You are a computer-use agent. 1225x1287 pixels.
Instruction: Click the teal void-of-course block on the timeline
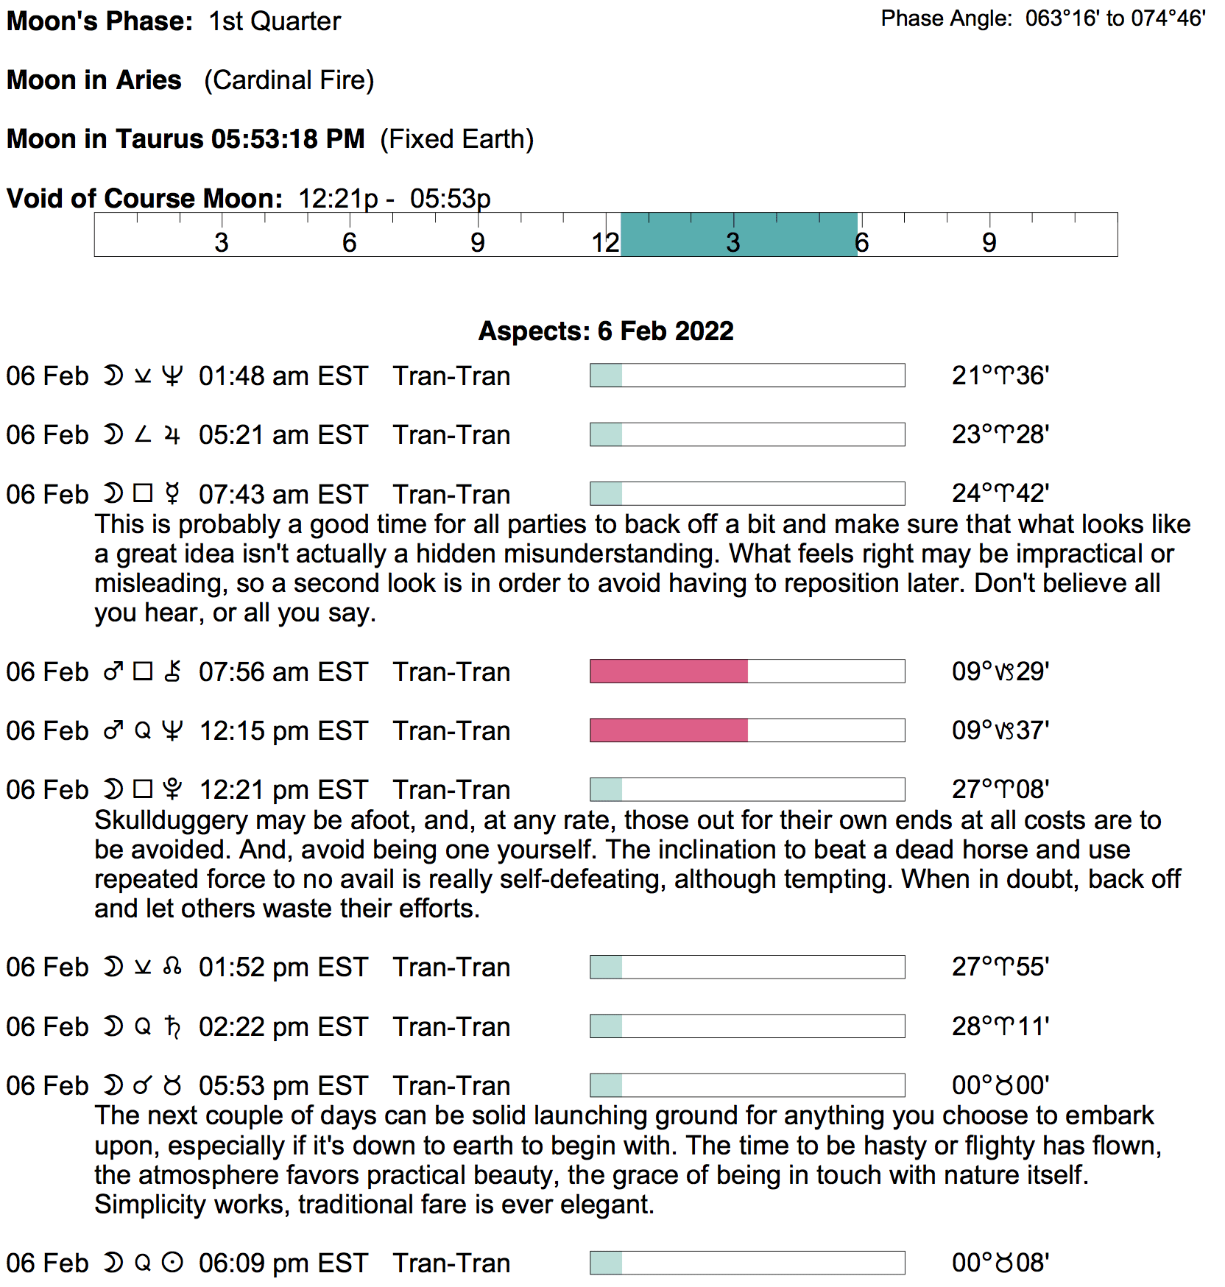[738, 234]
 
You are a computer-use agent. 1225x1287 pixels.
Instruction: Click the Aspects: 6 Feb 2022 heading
[606, 331]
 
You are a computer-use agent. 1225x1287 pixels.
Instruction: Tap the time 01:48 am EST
[283, 376]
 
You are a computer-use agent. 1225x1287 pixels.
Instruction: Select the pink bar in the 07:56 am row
[668, 671]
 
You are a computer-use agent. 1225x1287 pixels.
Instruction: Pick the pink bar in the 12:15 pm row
[668, 730]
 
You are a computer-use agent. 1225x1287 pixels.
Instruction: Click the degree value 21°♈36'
[1000, 375]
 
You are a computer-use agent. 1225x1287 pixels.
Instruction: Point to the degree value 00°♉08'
[1000, 1263]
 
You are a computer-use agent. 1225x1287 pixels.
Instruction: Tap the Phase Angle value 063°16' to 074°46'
[1115, 18]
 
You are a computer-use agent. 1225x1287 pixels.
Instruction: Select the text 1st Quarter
[275, 21]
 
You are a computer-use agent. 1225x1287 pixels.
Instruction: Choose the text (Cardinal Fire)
[289, 80]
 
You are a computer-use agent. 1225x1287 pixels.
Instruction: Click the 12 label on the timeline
[605, 242]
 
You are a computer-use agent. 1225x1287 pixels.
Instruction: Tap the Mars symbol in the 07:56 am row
[113, 671]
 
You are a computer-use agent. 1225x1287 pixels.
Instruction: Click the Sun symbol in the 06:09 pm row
[172, 1263]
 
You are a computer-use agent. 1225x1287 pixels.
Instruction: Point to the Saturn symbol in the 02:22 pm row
[172, 1026]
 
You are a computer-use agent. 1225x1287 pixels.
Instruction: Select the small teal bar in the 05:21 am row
[606, 434]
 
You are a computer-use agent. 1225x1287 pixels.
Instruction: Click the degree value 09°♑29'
[1000, 671]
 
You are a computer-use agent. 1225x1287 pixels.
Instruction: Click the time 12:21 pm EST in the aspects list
[283, 790]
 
